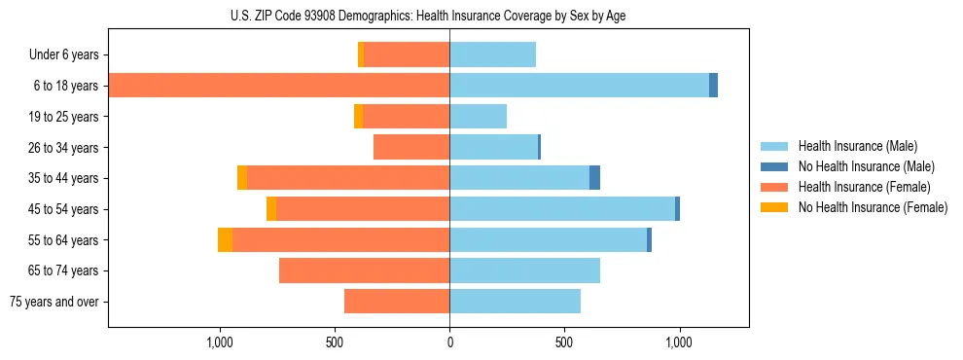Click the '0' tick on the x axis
tap(449, 342)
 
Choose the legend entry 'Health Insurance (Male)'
tap(857, 146)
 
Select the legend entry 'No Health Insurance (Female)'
tap(873, 207)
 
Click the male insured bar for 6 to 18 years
tap(579, 86)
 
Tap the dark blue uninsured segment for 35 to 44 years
tap(594, 178)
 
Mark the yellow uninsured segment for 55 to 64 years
tap(225, 239)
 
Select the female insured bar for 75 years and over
tap(397, 302)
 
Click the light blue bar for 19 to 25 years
tap(478, 116)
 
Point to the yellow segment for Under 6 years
tap(361, 54)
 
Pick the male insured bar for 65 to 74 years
tap(524, 270)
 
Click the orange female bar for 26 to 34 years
tap(411, 147)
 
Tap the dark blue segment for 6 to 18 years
tap(713, 86)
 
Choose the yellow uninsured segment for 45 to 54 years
tap(271, 209)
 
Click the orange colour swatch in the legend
tap(774, 187)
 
